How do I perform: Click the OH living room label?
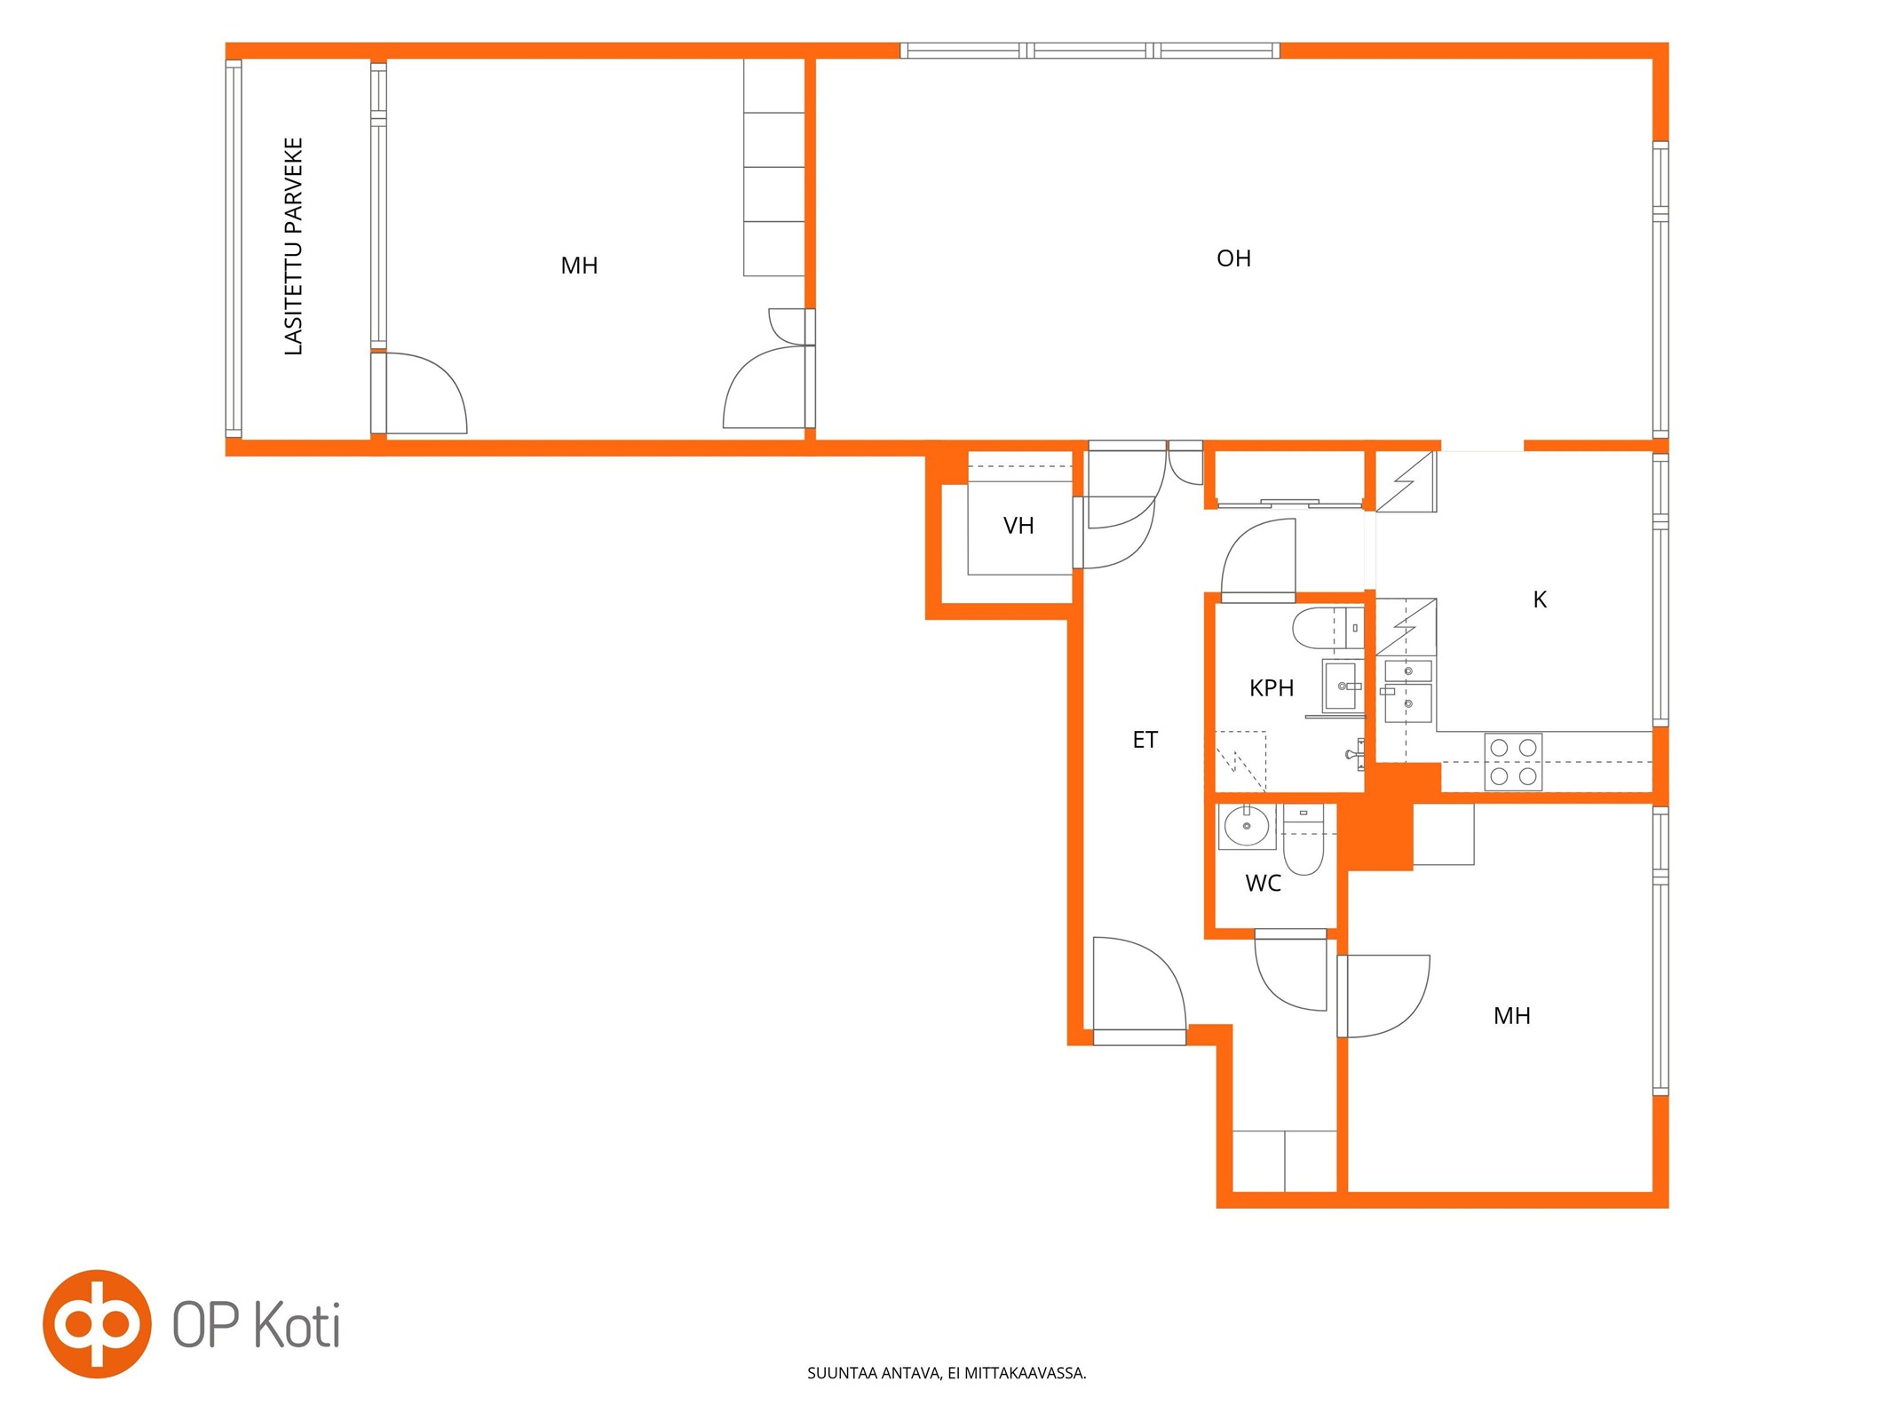[1233, 258]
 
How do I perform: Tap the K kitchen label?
[1540, 599]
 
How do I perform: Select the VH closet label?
[1018, 526]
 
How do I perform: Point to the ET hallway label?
[1145, 740]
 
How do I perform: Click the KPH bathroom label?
[1272, 687]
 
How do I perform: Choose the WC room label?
[1263, 883]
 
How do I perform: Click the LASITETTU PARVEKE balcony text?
[293, 246]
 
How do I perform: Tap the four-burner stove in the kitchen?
[1513, 761]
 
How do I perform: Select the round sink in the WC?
[1247, 827]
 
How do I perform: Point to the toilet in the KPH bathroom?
[1327, 628]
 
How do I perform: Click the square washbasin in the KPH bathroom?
[1342, 687]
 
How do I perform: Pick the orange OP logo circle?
[97, 1323]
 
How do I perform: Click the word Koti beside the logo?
[297, 1325]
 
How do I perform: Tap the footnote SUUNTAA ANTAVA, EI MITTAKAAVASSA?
[947, 1373]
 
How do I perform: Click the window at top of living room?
[1090, 51]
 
